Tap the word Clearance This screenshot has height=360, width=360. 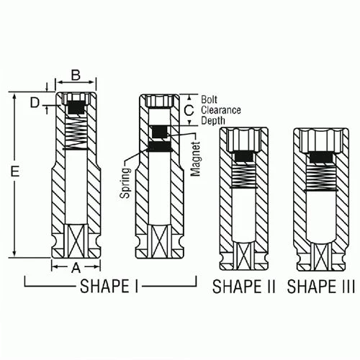[221, 110]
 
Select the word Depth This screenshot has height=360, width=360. [214, 121]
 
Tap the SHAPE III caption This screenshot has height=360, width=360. [321, 287]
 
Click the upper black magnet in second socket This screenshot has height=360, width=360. [159, 132]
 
